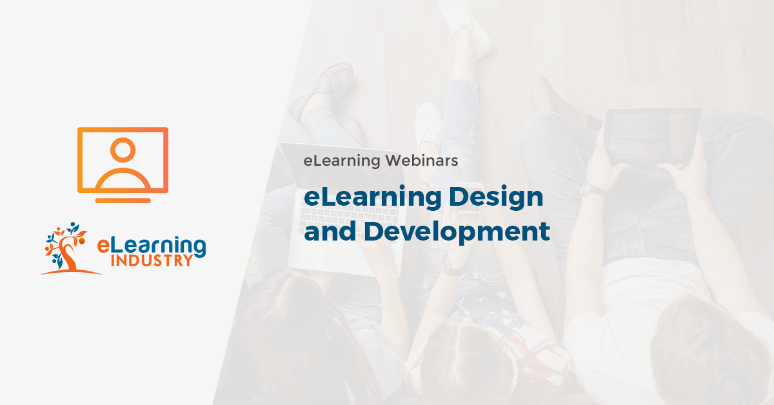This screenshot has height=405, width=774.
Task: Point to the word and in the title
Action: click(x=330, y=231)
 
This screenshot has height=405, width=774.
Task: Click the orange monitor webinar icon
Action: click(x=123, y=160)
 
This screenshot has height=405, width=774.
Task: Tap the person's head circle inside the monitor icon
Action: click(x=123, y=150)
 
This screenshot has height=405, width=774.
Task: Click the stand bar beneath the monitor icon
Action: click(x=123, y=201)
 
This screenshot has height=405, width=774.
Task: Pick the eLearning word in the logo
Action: click(x=152, y=245)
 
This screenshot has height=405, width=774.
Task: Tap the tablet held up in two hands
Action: click(x=653, y=137)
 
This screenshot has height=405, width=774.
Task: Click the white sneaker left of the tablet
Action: click(x=429, y=123)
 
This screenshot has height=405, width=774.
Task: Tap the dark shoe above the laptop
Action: click(x=322, y=90)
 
